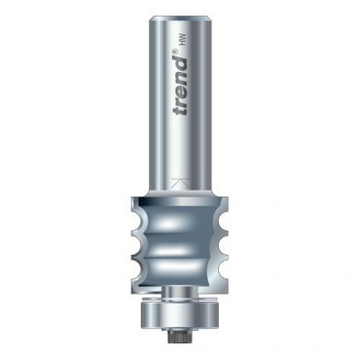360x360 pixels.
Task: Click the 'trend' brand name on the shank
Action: [x=180, y=87]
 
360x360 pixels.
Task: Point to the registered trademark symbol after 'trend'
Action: [x=174, y=53]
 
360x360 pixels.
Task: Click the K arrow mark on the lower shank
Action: [x=180, y=183]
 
